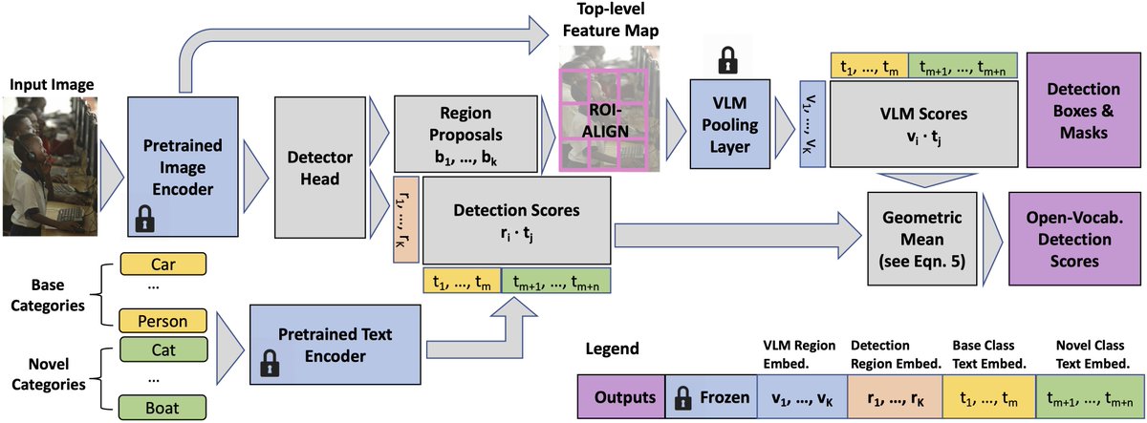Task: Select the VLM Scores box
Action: click(922, 125)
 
